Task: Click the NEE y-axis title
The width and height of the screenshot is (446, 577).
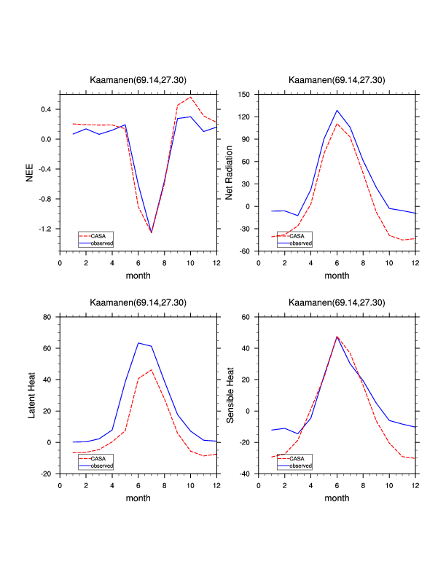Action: [31, 172]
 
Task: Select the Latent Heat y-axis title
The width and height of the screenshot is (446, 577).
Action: [31, 395]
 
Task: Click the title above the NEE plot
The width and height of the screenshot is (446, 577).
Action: [138, 80]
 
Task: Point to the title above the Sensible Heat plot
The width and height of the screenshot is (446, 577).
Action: [337, 302]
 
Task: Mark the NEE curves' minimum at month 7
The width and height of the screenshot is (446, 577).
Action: [152, 232]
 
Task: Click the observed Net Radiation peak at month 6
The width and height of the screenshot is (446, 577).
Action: [337, 111]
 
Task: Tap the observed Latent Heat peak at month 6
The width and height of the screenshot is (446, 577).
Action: [138, 343]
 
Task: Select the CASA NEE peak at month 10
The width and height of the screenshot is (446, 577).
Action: [190, 98]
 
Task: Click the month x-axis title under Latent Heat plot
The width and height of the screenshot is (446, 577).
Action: [138, 498]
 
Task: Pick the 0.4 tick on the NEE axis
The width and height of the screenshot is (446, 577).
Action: [46, 109]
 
